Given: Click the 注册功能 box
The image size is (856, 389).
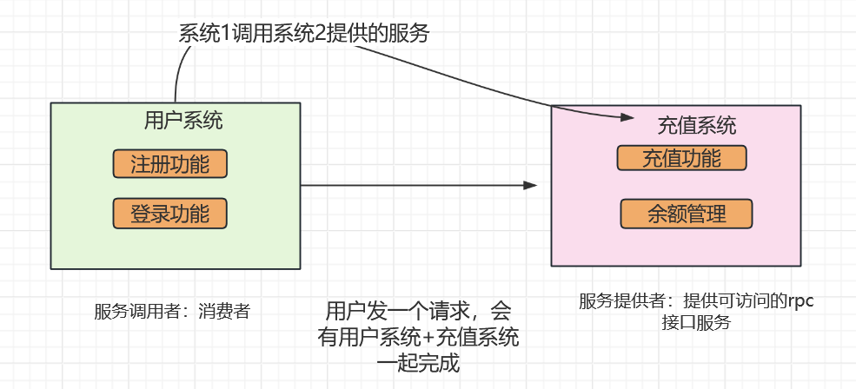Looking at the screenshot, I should [x=169, y=163].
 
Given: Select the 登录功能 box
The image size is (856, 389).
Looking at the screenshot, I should [x=169, y=213].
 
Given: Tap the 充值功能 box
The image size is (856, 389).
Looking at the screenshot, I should [x=681, y=158].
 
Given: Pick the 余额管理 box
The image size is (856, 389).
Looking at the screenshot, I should [x=686, y=214].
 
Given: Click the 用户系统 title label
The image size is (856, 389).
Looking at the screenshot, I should [x=182, y=121].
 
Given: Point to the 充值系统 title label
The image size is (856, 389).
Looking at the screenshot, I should [x=697, y=126].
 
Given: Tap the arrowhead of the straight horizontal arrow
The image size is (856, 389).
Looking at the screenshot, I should [x=531, y=185].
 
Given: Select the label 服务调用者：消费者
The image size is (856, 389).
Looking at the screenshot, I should [x=172, y=311].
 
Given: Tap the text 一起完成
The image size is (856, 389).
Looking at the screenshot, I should [x=416, y=363].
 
